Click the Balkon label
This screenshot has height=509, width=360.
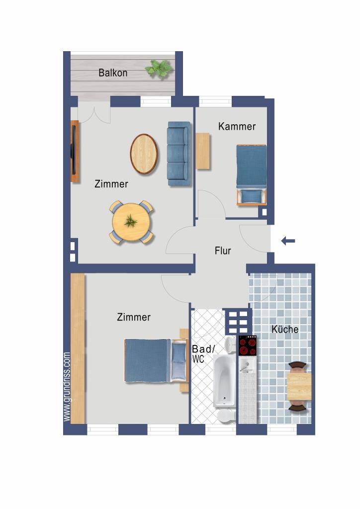[x=113, y=73]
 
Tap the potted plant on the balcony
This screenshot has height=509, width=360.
[x=159, y=69]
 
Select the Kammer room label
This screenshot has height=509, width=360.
[x=237, y=126]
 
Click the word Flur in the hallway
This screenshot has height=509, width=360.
[x=223, y=251]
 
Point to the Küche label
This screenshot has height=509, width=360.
[x=285, y=329]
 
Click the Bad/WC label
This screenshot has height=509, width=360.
[x=203, y=353]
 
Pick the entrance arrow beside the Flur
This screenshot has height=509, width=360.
[x=288, y=241]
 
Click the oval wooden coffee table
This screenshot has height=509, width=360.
[x=144, y=154]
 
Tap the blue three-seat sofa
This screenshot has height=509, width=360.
[x=179, y=154]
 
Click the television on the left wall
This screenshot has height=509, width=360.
[x=75, y=151]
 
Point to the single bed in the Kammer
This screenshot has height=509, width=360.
[x=252, y=175]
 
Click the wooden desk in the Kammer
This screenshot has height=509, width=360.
[x=203, y=151]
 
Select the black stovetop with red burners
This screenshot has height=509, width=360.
[x=248, y=345]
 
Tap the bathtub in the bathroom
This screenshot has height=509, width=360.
[x=224, y=380]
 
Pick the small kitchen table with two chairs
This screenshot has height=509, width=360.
[x=298, y=387]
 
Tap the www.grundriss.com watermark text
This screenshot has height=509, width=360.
[x=67, y=387]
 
